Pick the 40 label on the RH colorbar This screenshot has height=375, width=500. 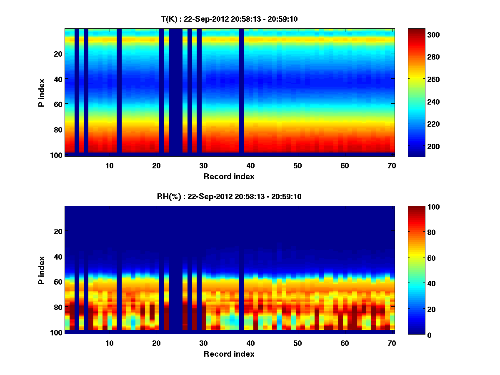coord(418,283)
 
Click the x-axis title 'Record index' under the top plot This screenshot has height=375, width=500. coord(229,176)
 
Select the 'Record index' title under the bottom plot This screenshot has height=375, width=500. coord(229,354)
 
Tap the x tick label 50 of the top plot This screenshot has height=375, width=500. coord(297,165)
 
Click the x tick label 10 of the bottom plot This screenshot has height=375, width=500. coord(109,343)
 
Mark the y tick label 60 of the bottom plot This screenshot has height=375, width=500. coord(58,282)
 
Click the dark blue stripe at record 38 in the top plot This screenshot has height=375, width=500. coord(242,92)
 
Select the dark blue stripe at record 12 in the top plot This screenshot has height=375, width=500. coord(119,92)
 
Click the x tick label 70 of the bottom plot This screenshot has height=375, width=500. coord(391,343)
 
